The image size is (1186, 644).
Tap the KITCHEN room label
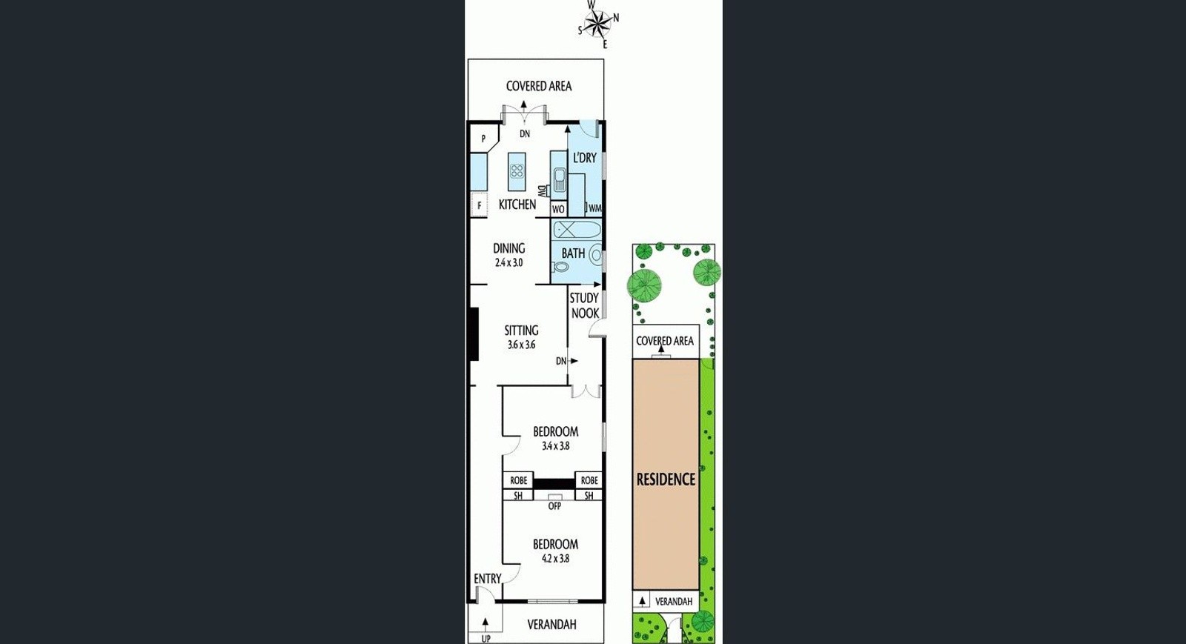(517, 205)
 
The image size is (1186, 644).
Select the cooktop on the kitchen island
(517, 171)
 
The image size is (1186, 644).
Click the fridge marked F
(479, 205)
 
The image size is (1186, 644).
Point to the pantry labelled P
(483, 139)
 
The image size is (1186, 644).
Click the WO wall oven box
(558, 209)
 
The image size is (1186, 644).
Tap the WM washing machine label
(594, 208)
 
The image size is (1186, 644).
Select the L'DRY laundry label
(585, 158)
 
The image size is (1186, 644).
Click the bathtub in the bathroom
(577, 230)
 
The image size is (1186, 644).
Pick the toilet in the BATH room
(560, 267)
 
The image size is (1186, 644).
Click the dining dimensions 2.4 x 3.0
(508, 262)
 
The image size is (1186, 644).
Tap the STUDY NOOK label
(585, 306)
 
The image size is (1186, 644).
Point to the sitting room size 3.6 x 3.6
(522, 345)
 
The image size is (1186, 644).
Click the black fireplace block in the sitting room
(474, 334)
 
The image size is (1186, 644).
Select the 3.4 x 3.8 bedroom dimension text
(555, 446)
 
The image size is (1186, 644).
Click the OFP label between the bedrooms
(554, 506)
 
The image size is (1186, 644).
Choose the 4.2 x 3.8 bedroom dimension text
(555, 558)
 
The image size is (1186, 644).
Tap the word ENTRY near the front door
(487, 579)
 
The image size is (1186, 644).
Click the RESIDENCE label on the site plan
(666, 479)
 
